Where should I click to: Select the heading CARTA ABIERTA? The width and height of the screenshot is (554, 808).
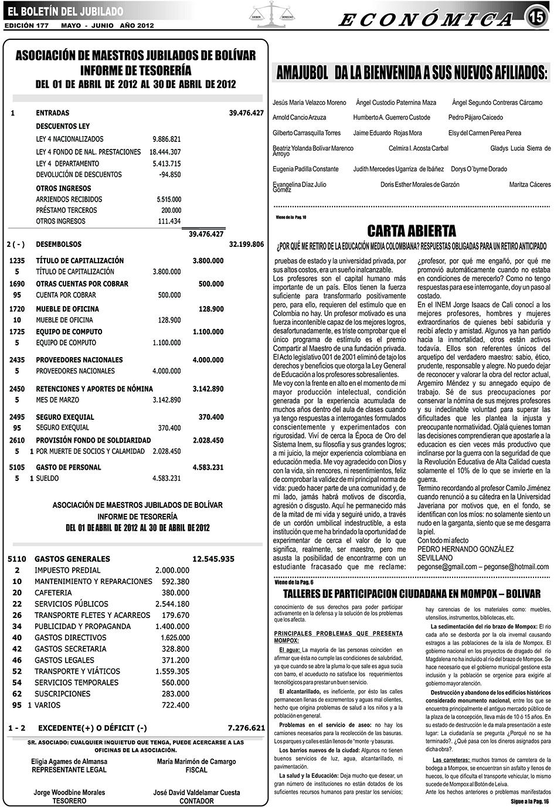(412, 229)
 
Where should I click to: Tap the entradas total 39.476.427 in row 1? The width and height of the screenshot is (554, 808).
(246, 113)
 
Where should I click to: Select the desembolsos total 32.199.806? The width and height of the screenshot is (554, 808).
(246, 244)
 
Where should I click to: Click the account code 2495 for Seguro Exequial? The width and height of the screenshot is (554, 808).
(18, 417)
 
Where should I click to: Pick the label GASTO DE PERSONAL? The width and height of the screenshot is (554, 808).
(69, 467)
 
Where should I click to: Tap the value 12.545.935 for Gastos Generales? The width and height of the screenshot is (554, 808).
(213, 559)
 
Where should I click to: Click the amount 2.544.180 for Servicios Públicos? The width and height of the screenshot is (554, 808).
(172, 604)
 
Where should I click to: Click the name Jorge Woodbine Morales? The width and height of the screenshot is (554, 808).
(69, 792)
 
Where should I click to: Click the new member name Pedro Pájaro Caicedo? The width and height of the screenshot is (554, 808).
(475, 118)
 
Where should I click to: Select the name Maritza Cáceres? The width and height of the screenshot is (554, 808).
(529, 185)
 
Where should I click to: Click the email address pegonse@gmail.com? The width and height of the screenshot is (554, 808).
(447, 567)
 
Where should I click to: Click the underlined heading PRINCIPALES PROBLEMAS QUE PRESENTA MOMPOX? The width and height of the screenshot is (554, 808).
(338, 637)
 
